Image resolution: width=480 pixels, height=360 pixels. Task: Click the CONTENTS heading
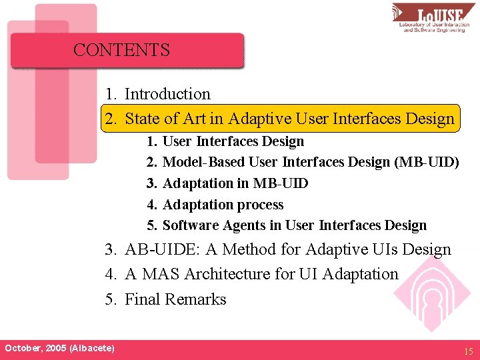(121, 50)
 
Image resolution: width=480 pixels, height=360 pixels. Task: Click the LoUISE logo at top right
(434, 18)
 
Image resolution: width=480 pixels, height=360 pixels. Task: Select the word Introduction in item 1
(167, 94)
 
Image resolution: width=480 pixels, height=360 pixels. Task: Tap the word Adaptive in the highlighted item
(261, 119)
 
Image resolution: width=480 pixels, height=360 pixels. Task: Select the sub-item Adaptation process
(223, 205)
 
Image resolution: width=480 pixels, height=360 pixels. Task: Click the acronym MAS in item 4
(160, 274)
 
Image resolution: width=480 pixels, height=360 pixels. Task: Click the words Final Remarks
(175, 299)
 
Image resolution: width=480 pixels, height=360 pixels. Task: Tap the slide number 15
(468, 349)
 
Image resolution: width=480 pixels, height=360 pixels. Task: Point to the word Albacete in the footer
(91, 348)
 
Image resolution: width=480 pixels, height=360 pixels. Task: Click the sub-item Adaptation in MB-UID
(235, 183)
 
